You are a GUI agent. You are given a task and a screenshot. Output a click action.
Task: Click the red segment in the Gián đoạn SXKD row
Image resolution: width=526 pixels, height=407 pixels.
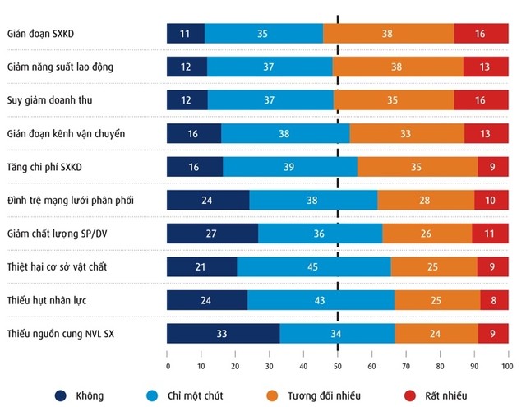[481, 34]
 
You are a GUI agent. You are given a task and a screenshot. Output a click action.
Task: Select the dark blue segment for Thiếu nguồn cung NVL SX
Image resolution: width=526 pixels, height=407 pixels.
[223, 333]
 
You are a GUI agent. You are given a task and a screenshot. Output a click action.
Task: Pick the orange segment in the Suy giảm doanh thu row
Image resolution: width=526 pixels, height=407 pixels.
[393, 100]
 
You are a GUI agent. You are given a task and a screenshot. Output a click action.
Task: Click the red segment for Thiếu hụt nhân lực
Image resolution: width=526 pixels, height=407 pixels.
[493, 300]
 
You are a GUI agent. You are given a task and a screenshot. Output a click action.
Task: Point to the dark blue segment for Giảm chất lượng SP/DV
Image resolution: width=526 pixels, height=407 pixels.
[212, 234]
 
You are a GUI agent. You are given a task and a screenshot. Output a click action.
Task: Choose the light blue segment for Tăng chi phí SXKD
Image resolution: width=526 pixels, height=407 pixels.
[290, 167]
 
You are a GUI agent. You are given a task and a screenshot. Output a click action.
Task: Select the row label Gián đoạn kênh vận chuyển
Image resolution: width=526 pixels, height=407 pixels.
[66, 133]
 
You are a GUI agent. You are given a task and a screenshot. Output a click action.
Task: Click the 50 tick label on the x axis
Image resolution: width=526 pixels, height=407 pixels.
[337, 366]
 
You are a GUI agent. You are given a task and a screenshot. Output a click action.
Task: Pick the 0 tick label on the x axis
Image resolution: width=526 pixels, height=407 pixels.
[168, 366]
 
